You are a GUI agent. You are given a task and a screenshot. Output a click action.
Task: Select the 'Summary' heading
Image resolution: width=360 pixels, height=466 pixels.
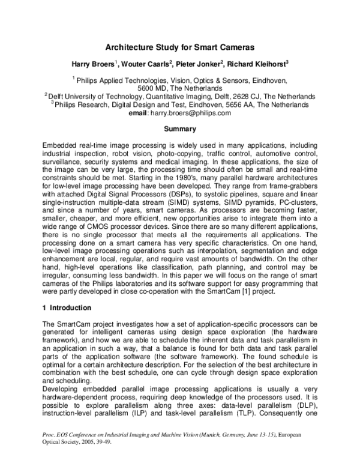(179, 129)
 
